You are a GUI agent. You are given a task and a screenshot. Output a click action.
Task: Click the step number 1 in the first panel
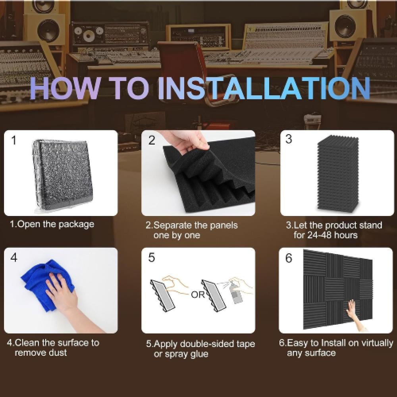(x=14, y=140)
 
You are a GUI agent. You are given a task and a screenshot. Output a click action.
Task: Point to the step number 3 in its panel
(x=289, y=139)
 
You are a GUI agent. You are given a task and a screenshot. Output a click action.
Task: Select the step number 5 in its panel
(x=151, y=258)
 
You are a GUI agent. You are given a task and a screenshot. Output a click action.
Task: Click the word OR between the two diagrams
(x=198, y=295)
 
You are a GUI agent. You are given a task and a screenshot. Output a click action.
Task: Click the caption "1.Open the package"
(x=52, y=224)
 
